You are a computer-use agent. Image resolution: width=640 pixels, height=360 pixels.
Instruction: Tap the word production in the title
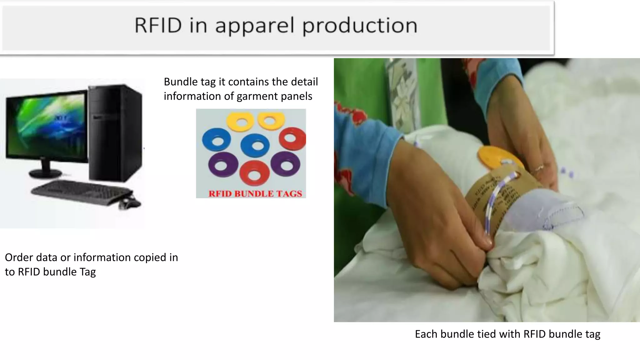[x=360, y=26]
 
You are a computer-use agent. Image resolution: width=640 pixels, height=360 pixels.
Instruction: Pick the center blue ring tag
[x=255, y=146]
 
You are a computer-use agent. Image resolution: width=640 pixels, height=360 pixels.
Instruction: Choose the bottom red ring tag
[x=254, y=174]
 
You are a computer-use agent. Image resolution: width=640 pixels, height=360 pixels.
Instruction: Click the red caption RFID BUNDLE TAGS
[x=255, y=194]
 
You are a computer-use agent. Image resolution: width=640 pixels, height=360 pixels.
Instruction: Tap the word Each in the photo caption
[x=426, y=334]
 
